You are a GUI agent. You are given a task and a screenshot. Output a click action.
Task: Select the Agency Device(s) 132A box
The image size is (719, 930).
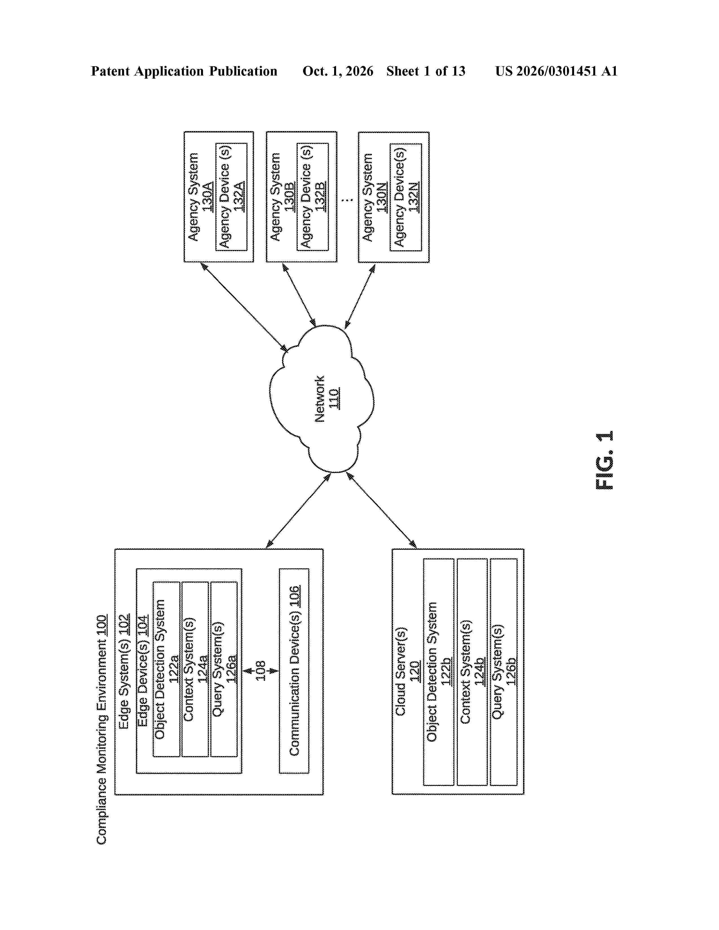(x=231, y=197)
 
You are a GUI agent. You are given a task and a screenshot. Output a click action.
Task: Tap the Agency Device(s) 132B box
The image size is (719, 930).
(x=313, y=197)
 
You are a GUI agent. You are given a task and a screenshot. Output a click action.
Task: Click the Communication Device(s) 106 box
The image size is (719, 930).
(x=294, y=671)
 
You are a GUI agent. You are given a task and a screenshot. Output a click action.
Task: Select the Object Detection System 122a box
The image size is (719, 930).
(x=166, y=669)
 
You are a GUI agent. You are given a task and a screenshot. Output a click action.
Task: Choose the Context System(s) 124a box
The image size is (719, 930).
(x=195, y=669)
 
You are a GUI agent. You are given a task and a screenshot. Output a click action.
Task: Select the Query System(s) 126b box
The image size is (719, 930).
(x=504, y=672)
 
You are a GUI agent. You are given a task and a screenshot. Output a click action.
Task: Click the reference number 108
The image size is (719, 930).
(x=260, y=671)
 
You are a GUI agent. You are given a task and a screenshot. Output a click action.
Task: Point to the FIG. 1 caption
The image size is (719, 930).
(x=604, y=460)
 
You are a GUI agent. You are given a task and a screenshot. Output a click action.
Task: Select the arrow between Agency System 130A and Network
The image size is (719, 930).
(x=244, y=307)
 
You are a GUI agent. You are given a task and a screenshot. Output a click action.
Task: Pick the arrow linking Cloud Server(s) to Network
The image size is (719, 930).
(x=381, y=510)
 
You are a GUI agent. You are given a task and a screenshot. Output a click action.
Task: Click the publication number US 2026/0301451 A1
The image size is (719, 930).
(x=556, y=71)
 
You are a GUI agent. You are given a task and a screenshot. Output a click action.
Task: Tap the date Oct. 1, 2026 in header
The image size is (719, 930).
(x=338, y=71)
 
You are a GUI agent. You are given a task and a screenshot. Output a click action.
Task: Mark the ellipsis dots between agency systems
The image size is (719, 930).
(x=348, y=199)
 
